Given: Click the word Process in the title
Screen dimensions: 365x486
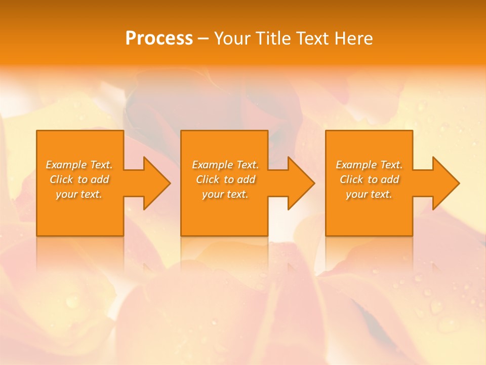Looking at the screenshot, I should pos(159,39).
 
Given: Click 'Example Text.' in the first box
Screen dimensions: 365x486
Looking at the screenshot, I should pos(79,165).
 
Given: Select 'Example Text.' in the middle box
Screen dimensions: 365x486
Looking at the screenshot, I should pos(225,165).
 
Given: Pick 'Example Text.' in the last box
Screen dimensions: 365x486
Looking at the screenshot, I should pos(369,165).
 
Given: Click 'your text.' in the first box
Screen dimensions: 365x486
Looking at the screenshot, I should pos(79,194).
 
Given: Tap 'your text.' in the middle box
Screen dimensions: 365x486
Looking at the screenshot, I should pos(225,194).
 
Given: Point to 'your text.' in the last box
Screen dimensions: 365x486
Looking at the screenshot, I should pos(369,194).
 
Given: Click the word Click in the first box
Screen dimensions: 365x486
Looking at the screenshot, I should pos(61,179).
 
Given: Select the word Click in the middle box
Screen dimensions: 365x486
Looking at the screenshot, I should pos(208,179).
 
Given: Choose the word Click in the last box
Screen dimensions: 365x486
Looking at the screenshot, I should pos(352,179).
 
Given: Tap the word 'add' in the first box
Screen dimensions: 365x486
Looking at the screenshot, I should pos(100,179).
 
